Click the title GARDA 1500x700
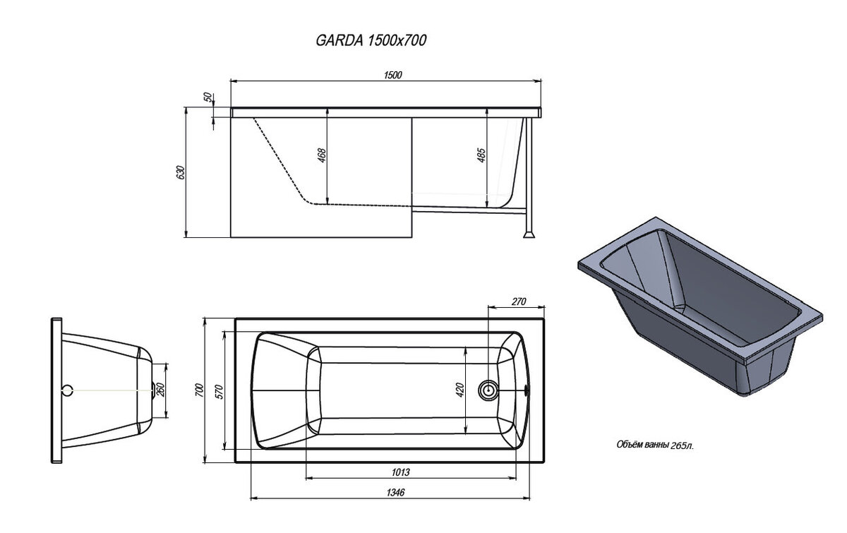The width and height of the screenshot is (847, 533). tap(371, 40)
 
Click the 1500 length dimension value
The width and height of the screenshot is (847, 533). tap(393, 75)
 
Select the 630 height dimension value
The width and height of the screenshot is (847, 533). tap(181, 172)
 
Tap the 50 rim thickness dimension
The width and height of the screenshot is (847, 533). tap(208, 97)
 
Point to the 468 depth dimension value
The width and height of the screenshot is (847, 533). tap(321, 155)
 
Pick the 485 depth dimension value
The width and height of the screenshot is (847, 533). tap(481, 155)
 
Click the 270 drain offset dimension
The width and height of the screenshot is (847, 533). tap(519, 301)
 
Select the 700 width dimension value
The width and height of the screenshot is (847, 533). tap(199, 390)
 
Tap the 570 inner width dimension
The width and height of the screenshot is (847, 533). tap(220, 392)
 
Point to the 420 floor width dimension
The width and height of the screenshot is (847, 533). tap(459, 390)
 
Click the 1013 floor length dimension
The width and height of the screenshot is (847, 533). tap(400, 472)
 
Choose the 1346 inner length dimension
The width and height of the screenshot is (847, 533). tap(395, 492)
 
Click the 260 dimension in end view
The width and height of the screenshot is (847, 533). tap(160, 390)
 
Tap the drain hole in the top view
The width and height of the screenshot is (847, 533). tap(488, 390)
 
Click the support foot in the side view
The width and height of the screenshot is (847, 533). tap(529, 234)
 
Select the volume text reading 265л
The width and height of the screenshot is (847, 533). tap(683, 446)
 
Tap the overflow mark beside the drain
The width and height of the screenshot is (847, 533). tap(527, 390)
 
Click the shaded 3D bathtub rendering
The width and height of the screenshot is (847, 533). tap(699, 306)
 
